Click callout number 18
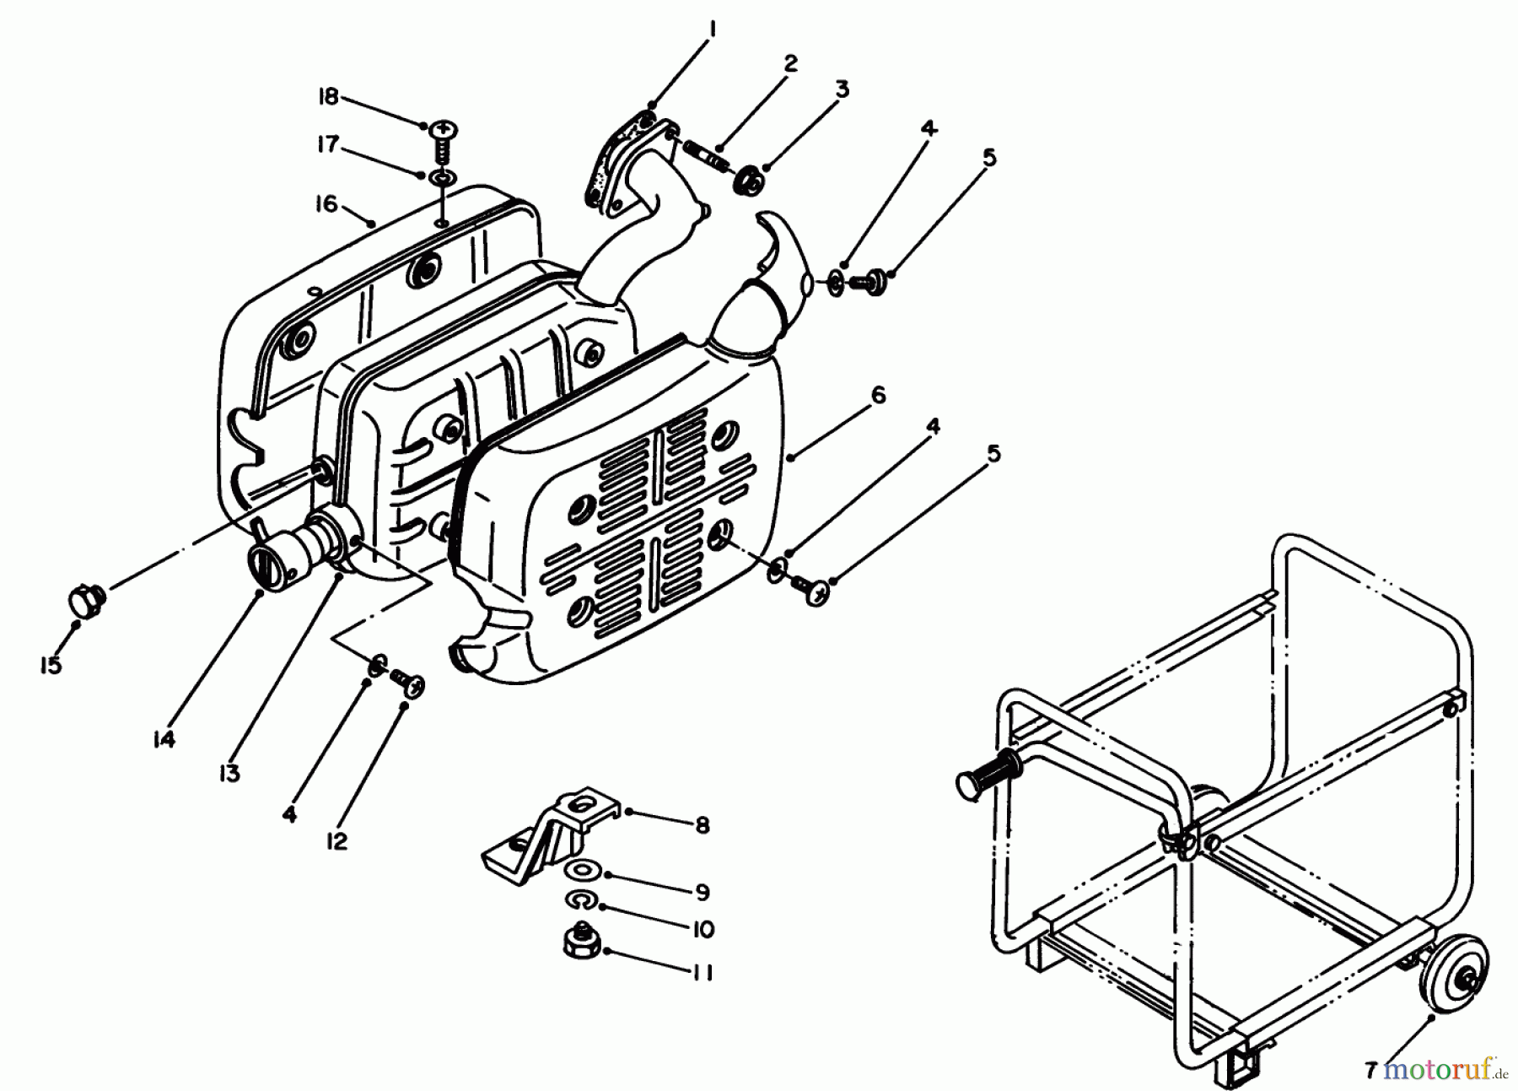328,97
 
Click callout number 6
878,395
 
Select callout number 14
164,740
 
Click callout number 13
229,773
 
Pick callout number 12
336,841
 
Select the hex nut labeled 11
582,947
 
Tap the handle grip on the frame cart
987,772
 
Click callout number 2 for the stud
789,64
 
